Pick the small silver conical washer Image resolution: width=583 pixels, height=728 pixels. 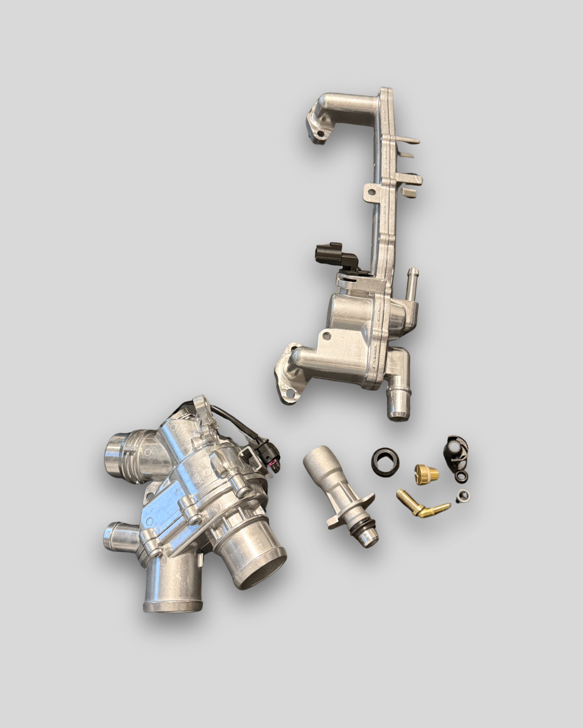463,497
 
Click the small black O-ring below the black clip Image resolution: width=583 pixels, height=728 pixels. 462,476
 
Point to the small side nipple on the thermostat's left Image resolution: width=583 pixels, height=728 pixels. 114,537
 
